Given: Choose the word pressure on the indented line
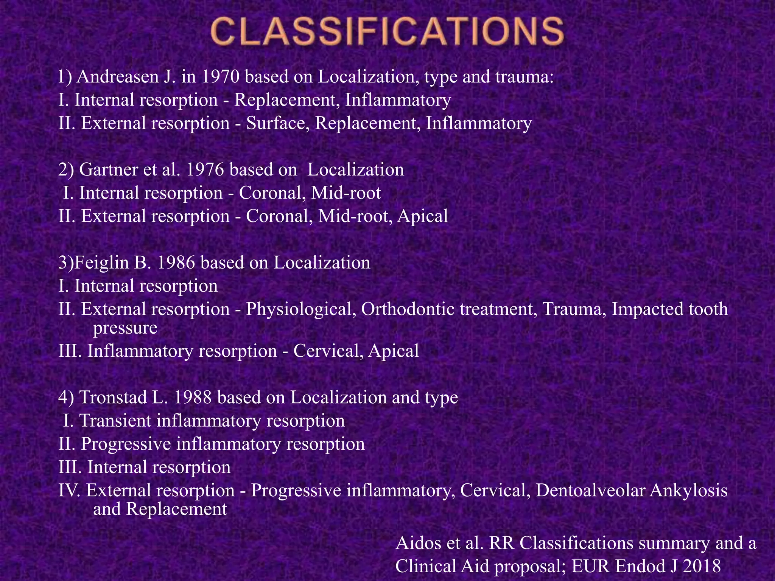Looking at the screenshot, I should tap(125, 328).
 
